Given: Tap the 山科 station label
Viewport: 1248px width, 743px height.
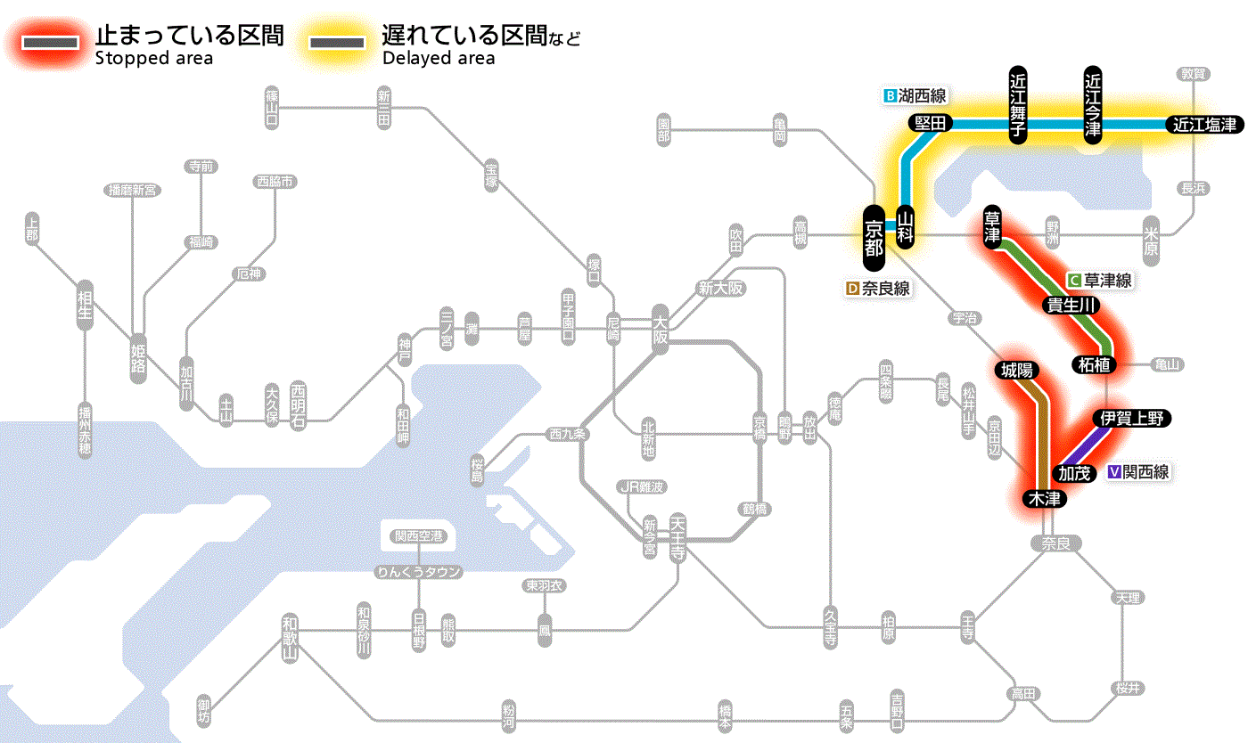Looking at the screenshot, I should click(x=906, y=227).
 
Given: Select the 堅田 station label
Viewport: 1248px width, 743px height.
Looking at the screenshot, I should click(x=930, y=123).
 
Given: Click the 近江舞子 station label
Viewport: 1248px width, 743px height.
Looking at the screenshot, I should click(x=1019, y=104).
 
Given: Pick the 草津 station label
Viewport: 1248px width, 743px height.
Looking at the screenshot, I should click(x=993, y=227).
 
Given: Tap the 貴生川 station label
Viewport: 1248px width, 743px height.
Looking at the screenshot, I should click(x=1072, y=306).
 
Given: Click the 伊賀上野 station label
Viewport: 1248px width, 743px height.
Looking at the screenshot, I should click(x=1131, y=418).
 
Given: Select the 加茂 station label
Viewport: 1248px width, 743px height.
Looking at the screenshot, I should click(x=1073, y=473).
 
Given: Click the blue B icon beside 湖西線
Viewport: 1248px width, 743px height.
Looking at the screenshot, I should click(x=889, y=95).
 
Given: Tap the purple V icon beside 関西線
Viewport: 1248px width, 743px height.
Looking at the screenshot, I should click(x=1114, y=472).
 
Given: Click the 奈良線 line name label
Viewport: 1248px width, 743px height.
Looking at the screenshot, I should click(x=885, y=289).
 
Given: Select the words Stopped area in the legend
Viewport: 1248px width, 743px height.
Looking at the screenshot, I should click(x=154, y=59).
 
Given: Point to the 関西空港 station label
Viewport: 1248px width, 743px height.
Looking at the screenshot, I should click(x=418, y=536).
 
